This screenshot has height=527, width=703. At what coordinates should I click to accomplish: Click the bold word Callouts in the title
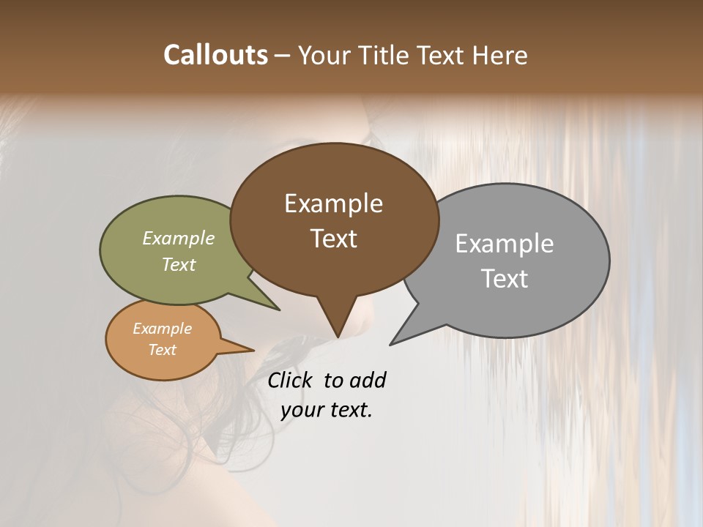pyautogui.click(x=215, y=55)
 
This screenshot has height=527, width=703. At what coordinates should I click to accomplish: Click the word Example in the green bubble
pyautogui.click(x=179, y=239)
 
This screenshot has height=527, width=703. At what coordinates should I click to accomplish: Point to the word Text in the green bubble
pyautogui.click(x=179, y=264)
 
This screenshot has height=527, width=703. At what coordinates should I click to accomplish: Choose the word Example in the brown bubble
pyautogui.click(x=333, y=203)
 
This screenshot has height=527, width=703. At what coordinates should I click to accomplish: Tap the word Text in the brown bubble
pyautogui.click(x=333, y=239)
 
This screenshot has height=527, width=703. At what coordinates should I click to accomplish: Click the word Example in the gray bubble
pyautogui.click(x=505, y=244)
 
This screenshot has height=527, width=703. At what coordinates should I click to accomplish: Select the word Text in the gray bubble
pyautogui.click(x=505, y=279)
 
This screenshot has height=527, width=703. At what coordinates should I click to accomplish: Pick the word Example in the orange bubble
pyautogui.click(x=163, y=329)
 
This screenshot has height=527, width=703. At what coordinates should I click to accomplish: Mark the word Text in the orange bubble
pyautogui.click(x=163, y=350)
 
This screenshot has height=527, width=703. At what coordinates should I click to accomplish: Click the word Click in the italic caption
pyautogui.click(x=291, y=380)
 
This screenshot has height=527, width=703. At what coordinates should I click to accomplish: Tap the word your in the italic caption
pyautogui.click(x=300, y=410)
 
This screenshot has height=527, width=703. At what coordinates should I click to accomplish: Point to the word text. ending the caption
pyautogui.click(x=349, y=410)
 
